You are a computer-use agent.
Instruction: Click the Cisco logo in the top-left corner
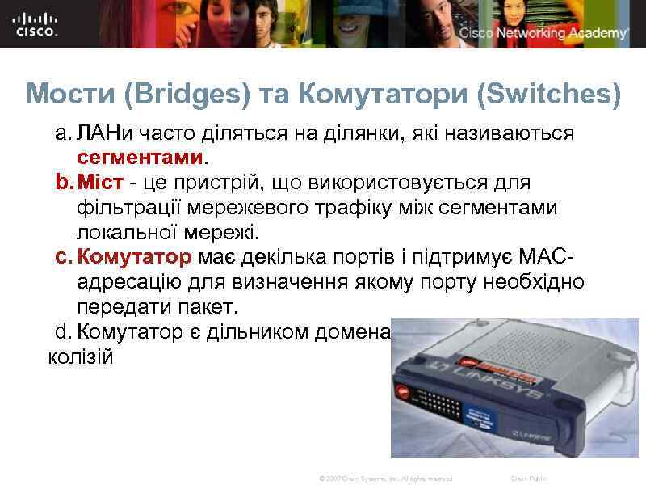click(x=37, y=23)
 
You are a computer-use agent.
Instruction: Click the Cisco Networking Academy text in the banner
click(x=543, y=33)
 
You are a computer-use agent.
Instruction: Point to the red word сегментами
click(x=141, y=152)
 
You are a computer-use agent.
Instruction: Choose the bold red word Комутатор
click(x=135, y=258)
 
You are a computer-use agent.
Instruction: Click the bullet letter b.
click(x=63, y=183)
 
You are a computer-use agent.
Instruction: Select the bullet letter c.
click(x=63, y=258)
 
